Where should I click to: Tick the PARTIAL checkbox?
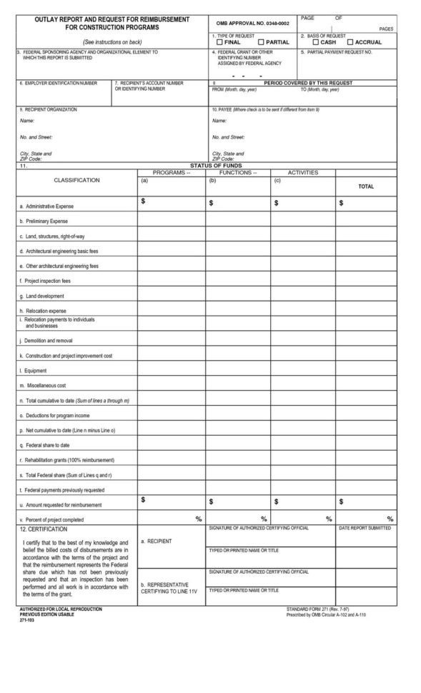click(261, 42)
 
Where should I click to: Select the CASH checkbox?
click(316, 42)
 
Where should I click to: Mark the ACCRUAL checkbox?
click(350, 42)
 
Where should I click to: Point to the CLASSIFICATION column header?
click(76, 181)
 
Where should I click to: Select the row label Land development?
click(41, 296)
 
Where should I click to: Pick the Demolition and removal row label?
click(46, 341)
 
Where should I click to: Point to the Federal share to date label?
click(44, 445)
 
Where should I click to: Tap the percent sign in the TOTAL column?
click(390, 518)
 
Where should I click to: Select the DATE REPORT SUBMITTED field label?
click(365, 528)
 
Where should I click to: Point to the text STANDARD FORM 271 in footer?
click(312, 608)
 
